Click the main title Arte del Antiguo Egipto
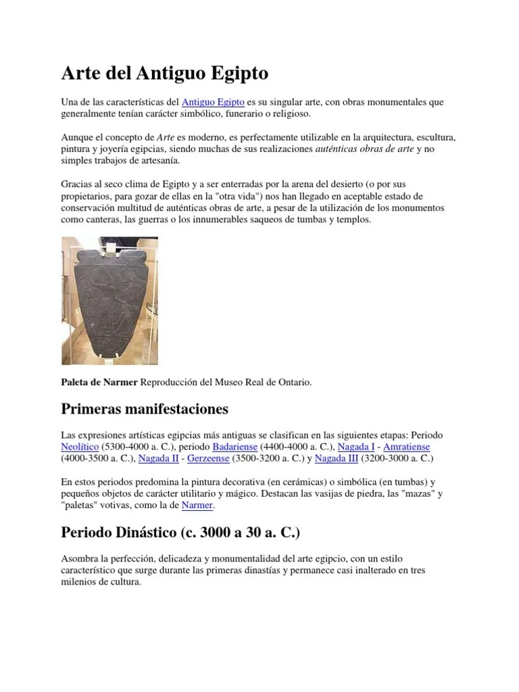pos(165,72)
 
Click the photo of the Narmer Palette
pos(109,301)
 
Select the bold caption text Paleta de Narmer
pos(99,382)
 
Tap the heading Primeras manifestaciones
pos(145,409)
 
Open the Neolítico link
pos(80,447)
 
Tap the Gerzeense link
pos(208,458)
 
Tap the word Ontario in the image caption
pos(294,382)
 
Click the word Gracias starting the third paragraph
pos(76,184)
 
